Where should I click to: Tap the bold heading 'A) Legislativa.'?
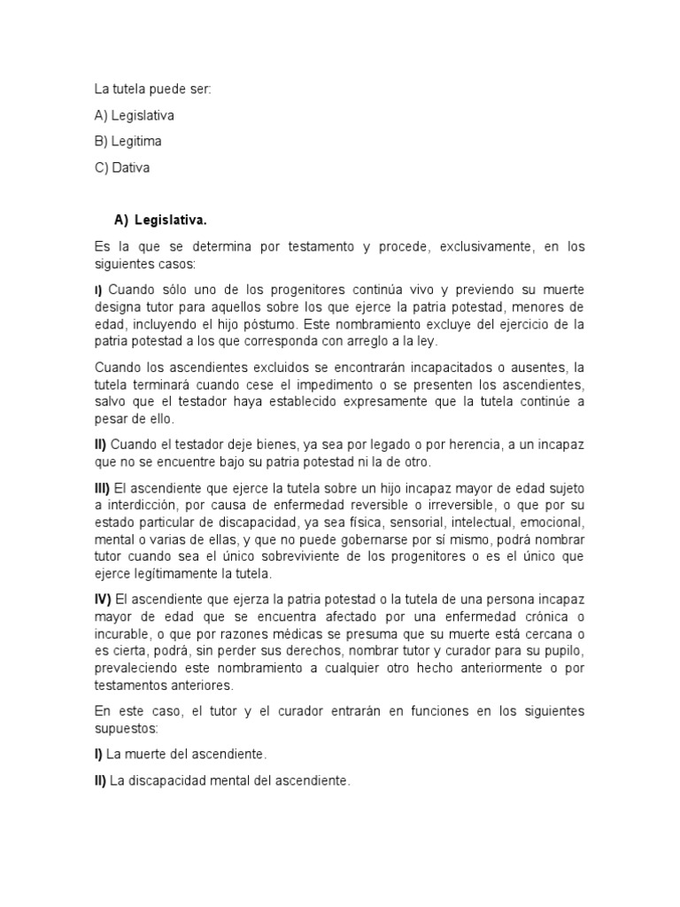pyautogui.click(x=160, y=219)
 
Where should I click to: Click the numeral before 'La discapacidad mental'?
pyautogui.click(x=100, y=780)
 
